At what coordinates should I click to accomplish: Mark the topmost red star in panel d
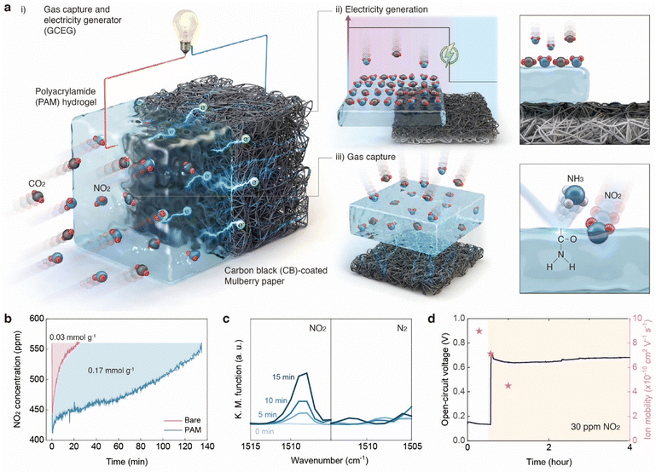pyautogui.click(x=479, y=331)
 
